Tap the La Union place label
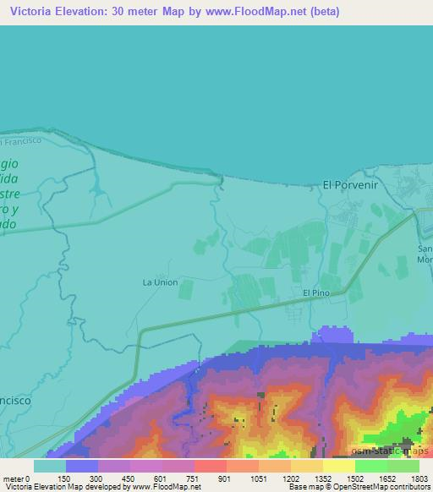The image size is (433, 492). tap(160, 282)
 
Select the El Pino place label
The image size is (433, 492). tap(316, 292)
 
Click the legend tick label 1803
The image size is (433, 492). tap(419, 478)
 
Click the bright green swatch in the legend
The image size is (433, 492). tap(371, 466)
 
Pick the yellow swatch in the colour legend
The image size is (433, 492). tap(338, 466)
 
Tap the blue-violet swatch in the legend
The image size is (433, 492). tap(82, 466)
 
